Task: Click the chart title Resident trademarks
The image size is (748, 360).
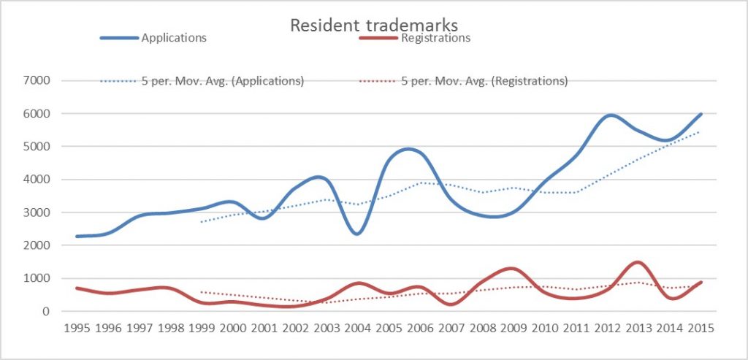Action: pyautogui.click(x=374, y=25)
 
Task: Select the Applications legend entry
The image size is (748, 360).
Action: pyautogui.click(x=174, y=37)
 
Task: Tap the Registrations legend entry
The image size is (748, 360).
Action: pyautogui.click(x=435, y=37)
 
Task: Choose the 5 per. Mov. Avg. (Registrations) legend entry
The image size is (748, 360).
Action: pyautogui.click(x=484, y=81)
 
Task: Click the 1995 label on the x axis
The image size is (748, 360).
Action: pyautogui.click(x=77, y=328)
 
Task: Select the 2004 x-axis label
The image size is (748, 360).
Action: pyautogui.click(x=356, y=328)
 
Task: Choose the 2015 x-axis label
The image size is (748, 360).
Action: pyautogui.click(x=699, y=328)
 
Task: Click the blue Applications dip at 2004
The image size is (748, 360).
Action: pyautogui.click(x=356, y=234)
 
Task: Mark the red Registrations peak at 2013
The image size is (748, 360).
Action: pyautogui.click(x=638, y=262)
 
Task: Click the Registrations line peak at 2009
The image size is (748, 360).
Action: pyautogui.click(x=512, y=269)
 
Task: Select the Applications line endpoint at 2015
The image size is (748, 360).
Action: pyautogui.click(x=701, y=114)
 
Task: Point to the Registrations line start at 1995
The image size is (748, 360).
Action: pyautogui.click(x=77, y=288)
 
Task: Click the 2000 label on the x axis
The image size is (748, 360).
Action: pyautogui.click(x=232, y=328)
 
